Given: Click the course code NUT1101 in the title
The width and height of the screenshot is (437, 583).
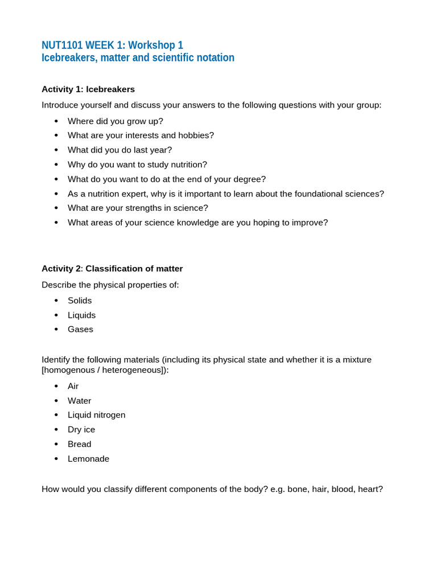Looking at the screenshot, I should (62, 45).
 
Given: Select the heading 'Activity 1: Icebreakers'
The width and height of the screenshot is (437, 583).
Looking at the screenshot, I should (88, 89).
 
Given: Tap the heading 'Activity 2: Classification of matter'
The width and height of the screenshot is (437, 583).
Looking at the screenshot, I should (112, 269).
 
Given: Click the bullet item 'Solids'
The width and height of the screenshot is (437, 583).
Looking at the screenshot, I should (80, 301).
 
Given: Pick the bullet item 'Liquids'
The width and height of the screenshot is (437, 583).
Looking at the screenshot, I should (81, 315).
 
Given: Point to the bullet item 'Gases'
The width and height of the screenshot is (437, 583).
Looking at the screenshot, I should (80, 330).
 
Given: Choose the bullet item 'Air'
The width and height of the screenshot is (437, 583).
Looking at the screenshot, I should (73, 387).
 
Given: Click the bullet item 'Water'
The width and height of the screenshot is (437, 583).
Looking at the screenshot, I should (79, 401).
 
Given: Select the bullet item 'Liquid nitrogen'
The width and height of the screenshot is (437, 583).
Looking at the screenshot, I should (96, 415).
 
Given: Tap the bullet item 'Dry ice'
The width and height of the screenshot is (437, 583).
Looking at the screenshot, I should (81, 430).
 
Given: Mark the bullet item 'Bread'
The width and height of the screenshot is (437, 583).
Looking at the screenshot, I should (79, 444).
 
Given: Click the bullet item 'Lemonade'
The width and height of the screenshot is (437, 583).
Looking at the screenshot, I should (88, 459).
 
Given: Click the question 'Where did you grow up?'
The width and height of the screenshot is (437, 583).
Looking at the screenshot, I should (115, 121).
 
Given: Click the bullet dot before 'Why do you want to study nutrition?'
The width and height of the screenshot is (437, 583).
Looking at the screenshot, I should (56, 165).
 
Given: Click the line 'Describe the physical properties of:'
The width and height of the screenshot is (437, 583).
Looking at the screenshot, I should (110, 285).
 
